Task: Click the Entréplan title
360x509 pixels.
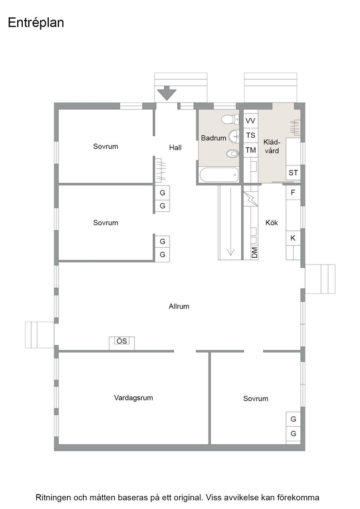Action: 36,23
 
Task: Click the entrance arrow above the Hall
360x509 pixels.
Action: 166,93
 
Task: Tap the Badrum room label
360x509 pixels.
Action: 214,138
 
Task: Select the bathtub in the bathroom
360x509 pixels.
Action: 219,175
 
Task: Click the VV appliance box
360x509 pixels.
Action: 250,121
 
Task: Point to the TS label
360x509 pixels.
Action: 250,135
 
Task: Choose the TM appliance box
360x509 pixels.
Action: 250,150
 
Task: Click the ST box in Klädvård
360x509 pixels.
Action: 293,173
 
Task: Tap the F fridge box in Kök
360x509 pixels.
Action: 293,193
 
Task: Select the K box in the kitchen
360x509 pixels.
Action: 293,238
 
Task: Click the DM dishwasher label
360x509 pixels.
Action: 255,253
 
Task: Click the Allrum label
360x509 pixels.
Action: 179,306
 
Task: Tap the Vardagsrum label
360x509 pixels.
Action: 134,398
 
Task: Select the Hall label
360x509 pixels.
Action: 175,148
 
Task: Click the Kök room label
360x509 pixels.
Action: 272,223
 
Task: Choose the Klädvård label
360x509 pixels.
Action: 271,146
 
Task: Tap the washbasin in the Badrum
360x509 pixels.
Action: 234,136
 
